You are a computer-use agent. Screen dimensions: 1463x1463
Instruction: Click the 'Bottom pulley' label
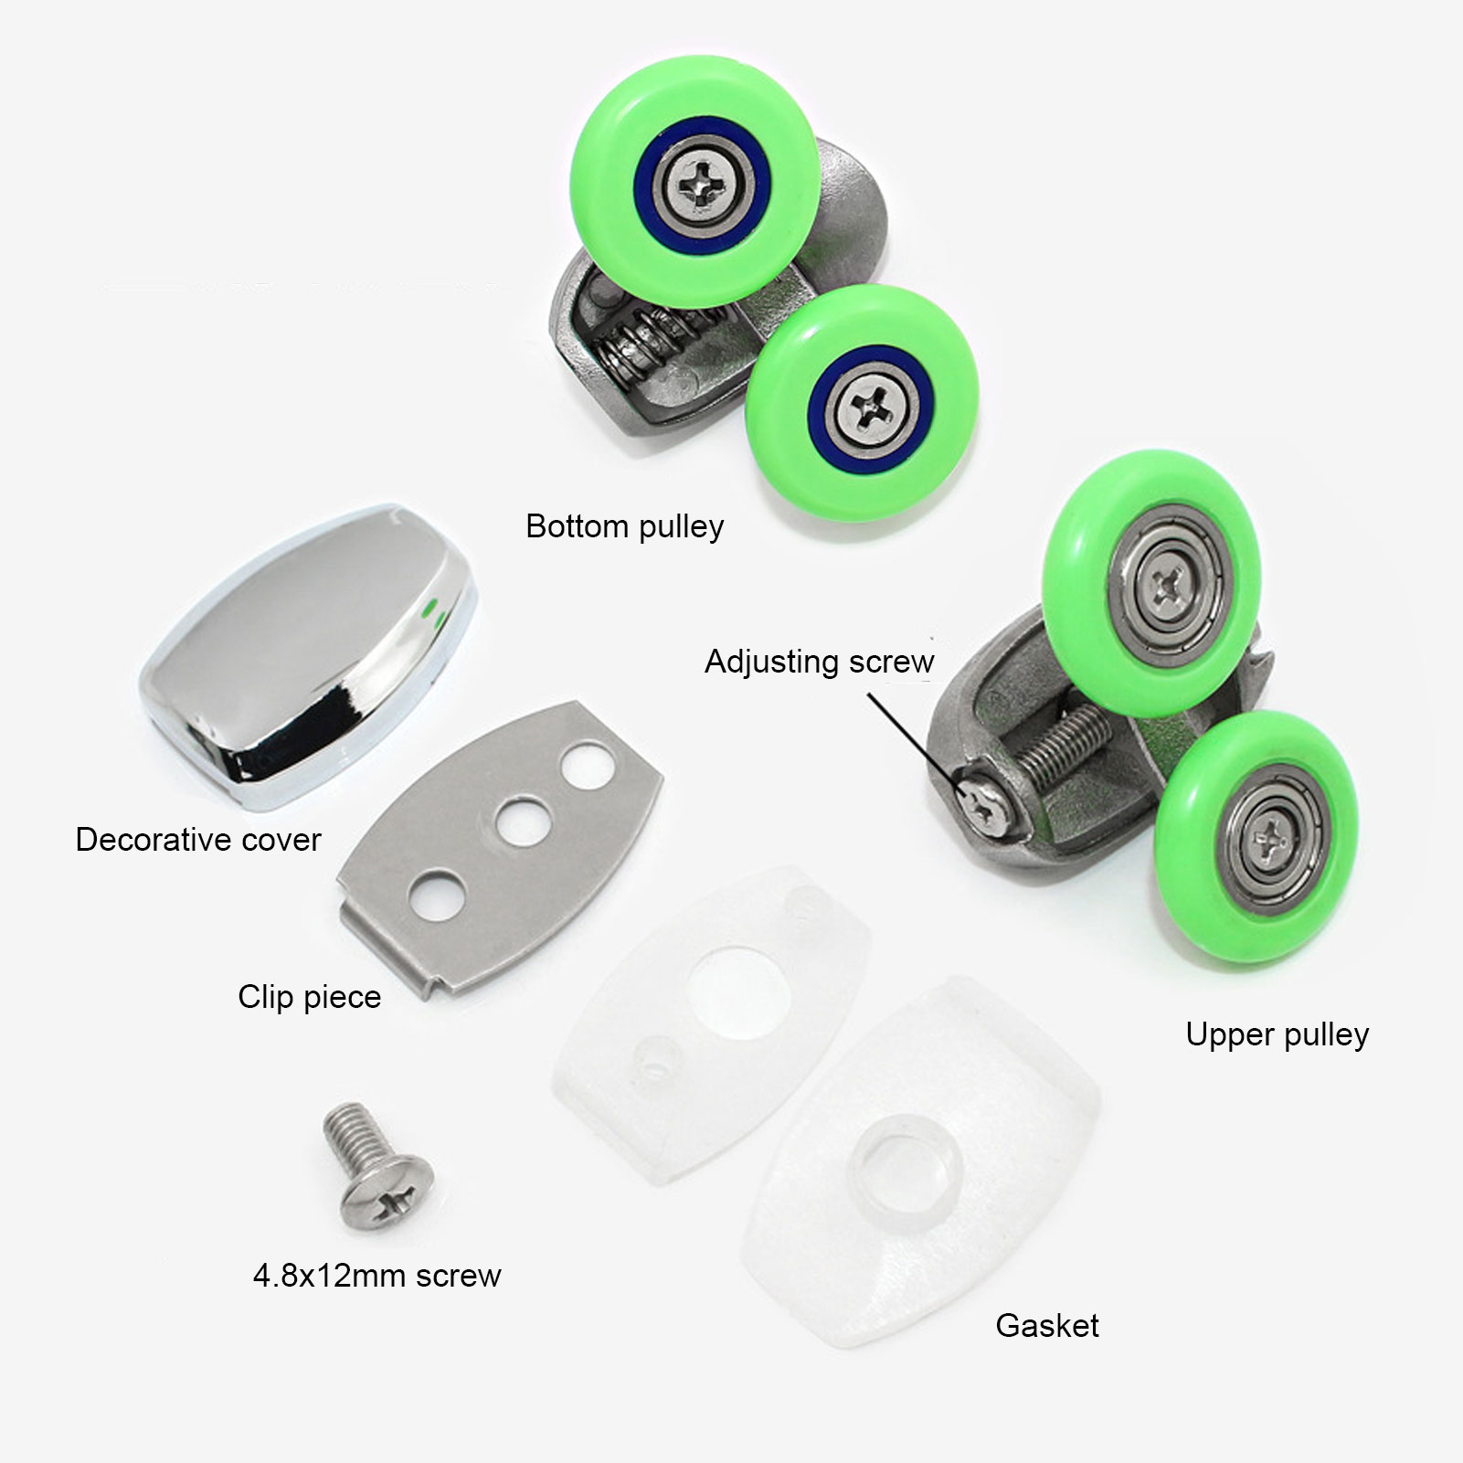pyautogui.click(x=624, y=526)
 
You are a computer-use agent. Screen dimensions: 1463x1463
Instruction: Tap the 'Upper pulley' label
pyautogui.click(x=1277, y=1034)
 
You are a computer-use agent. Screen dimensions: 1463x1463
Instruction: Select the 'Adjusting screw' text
pyautogui.click(x=819, y=661)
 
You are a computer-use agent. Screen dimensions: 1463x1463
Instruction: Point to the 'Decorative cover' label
pyautogui.click(x=198, y=839)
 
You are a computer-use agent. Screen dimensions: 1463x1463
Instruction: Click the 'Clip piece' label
pyautogui.click(x=309, y=996)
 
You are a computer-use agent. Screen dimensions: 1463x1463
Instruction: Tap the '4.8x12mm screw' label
pyautogui.click(x=376, y=1276)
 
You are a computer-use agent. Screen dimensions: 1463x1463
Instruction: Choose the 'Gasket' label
pyautogui.click(x=1046, y=1326)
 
